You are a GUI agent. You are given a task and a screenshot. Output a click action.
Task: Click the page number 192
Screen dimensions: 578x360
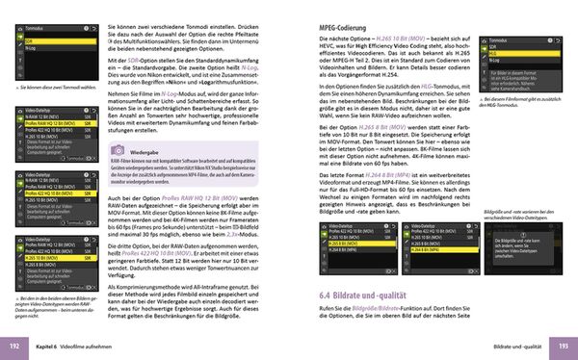coord(14,345)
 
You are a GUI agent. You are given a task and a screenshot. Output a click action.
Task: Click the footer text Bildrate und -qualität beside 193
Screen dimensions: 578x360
coord(514,345)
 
